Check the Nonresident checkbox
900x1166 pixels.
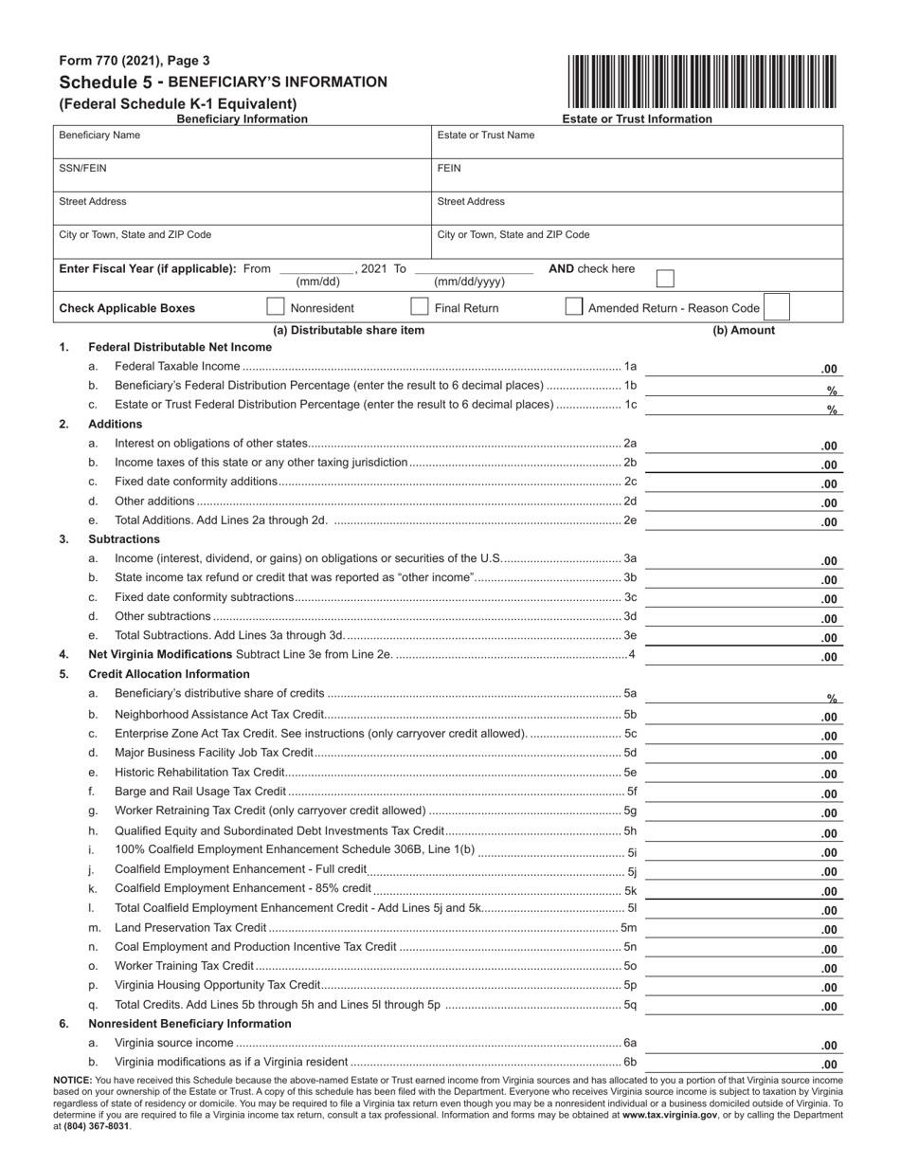point(276,307)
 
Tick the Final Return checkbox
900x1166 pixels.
point(419,307)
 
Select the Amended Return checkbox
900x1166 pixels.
point(573,307)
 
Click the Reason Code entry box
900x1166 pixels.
point(775,307)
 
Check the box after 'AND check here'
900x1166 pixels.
point(665,278)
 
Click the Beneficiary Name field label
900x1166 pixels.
point(99,136)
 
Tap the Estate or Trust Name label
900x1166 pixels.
point(485,136)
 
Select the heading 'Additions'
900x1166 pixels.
point(115,424)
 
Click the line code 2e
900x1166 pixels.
point(630,520)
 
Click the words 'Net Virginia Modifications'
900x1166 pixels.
point(160,654)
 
